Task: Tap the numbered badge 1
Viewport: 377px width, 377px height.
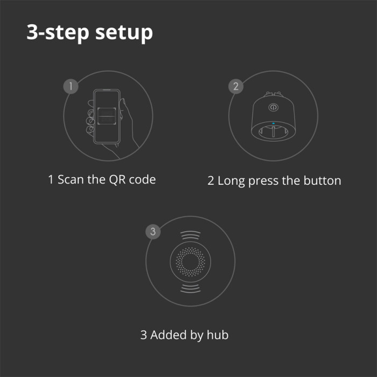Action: point(71,86)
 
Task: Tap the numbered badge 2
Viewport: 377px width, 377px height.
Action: point(235,86)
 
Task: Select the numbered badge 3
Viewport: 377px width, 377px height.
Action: point(153,232)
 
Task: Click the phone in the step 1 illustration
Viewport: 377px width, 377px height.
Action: point(106,116)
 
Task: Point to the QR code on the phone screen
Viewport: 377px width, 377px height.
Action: point(106,115)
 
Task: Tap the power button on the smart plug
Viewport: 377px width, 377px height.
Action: point(273,107)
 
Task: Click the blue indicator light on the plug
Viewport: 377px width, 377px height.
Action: point(273,124)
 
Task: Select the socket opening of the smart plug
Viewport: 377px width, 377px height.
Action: point(273,132)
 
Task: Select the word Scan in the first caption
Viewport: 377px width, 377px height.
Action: point(71,179)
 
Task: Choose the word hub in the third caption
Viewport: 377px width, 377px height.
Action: point(217,335)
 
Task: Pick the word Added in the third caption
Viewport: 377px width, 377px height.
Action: point(169,335)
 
